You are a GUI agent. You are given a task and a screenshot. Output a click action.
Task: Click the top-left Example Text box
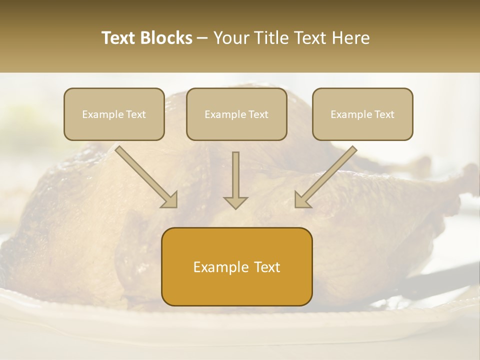click(114, 114)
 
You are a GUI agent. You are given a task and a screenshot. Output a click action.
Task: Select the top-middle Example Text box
click(236, 114)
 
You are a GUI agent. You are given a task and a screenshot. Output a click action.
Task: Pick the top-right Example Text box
click(362, 114)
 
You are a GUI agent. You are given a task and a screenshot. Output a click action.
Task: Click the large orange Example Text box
click(237, 266)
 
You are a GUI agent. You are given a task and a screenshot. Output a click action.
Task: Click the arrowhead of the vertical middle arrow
click(235, 202)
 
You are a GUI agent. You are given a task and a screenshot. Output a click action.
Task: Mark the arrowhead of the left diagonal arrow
click(170, 200)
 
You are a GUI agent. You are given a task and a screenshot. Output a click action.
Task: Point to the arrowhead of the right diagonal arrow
click(301, 200)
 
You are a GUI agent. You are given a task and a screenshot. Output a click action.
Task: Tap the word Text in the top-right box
click(384, 114)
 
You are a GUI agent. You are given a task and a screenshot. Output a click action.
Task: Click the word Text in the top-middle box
click(258, 114)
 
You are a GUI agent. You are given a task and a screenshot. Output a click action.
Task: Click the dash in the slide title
click(202, 38)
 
